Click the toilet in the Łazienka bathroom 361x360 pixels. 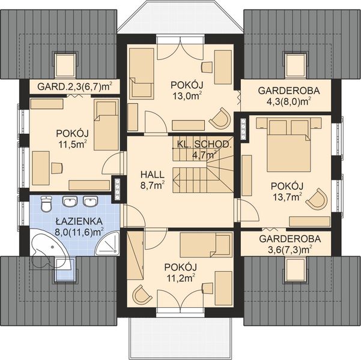(46, 203)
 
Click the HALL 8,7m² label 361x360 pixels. (153, 180)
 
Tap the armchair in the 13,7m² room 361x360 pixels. (317, 199)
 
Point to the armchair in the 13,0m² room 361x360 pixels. (220, 118)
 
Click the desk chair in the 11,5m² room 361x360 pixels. (56, 168)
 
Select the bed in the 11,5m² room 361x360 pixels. (106, 125)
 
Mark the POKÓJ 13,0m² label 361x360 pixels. (187, 91)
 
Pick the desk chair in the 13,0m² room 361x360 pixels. (207, 67)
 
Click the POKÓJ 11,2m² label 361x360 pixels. (180, 273)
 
